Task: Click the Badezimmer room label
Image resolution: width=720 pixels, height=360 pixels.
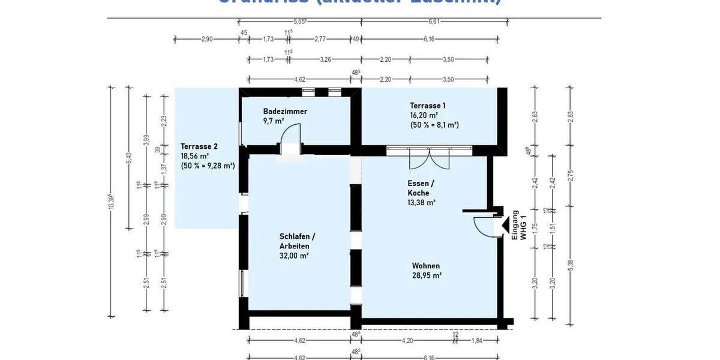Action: [x=285, y=112]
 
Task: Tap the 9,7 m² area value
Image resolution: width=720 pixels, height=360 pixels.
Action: [x=274, y=121]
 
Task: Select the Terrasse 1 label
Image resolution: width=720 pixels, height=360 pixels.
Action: [x=428, y=105]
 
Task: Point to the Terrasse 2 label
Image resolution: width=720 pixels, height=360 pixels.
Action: [x=199, y=146]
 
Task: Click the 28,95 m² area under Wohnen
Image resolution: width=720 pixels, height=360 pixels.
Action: [x=427, y=275]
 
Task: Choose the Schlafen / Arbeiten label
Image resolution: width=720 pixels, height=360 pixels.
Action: [x=295, y=241]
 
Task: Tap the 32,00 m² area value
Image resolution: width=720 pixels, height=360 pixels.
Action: [x=294, y=256]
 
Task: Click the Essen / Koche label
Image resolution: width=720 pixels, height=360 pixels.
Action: [x=419, y=188]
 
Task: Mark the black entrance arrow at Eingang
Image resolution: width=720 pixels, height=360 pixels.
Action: [x=505, y=225]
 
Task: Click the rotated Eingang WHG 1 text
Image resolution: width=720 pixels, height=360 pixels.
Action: [x=518, y=225]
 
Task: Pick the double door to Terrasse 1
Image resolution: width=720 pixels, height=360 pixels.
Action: [x=429, y=158]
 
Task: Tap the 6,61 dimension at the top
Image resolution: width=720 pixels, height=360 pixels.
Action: [x=434, y=22]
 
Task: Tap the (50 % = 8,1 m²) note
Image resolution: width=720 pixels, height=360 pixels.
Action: [x=434, y=125]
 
